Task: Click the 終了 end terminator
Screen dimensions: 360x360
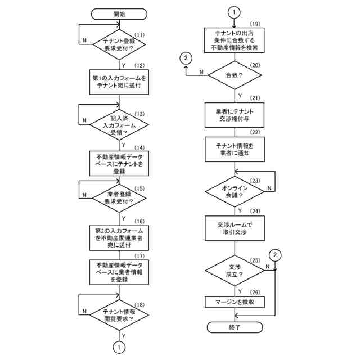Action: (235, 326)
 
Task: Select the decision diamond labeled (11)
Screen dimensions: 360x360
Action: (119, 43)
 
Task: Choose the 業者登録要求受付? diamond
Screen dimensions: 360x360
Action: (119, 197)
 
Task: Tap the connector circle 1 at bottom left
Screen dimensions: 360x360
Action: (119, 348)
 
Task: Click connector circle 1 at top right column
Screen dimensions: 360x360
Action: (235, 11)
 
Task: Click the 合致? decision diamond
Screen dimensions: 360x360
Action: (235, 73)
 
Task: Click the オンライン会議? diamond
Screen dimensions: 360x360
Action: (235, 190)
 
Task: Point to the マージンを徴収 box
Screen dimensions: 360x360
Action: (235, 302)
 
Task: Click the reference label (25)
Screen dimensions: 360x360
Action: (255, 260)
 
